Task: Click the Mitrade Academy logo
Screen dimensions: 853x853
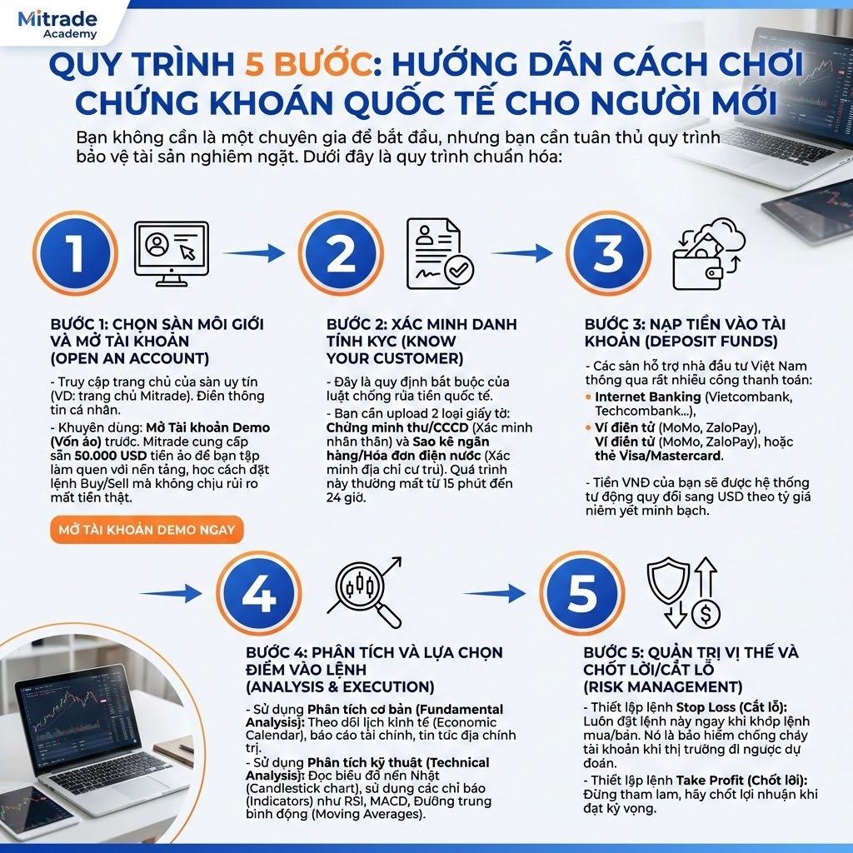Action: point(57,24)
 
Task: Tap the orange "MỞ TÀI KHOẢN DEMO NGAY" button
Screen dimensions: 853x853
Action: point(146,529)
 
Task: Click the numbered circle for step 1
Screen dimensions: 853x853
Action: point(75,253)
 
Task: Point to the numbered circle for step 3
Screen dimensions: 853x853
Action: point(607,253)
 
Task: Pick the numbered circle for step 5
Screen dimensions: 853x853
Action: point(581,593)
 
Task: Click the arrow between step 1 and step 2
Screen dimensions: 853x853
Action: point(254,253)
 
